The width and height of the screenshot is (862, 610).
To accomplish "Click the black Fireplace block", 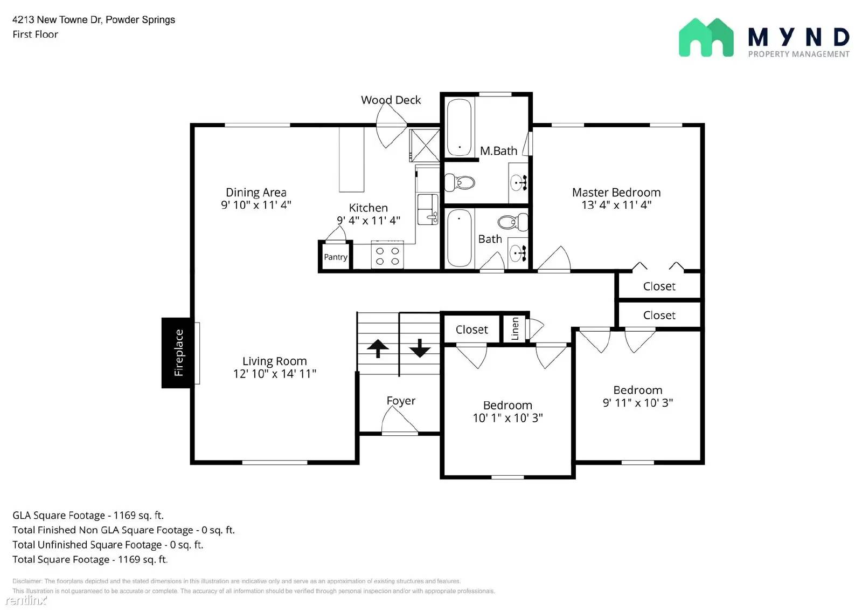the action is pyautogui.click(x=176, y=353).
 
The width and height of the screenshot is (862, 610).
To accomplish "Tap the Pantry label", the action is pyautogui.click(x=335, y=257).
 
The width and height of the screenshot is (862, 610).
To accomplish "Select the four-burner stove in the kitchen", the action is pyautogui.click(x=387, y=256).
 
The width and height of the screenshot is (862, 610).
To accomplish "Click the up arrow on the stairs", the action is pyautogui.click(x=378, y=348).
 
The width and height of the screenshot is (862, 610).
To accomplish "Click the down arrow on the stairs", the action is pyautogui.click(x=420, y=348).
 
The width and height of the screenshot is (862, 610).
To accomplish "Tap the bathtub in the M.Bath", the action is pyautogui.click(x=459, y=127).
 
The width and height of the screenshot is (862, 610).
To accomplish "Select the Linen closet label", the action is pyautogui.click(x=515, y=328).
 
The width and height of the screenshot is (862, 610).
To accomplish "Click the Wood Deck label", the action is pyautogui.click(x=391, y=100).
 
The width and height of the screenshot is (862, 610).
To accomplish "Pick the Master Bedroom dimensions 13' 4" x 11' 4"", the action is pyautogui.click(x=616, y=205).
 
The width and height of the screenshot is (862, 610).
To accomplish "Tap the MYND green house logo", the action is pyautogui.click(x=706, y=38).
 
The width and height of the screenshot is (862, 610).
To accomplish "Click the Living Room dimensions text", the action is pyautogui.click(x=274, y=374).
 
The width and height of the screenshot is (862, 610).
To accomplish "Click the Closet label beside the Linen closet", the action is pyautogui.click(x=471, y=330).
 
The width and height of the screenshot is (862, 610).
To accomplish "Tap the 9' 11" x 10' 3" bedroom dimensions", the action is pyautogui.click(x=637, y=403).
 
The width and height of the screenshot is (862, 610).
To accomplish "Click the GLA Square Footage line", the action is pyautogui.click(x=88, y=516).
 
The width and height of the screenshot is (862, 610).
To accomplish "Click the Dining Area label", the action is pyautogui.click(x=256, y=193).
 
